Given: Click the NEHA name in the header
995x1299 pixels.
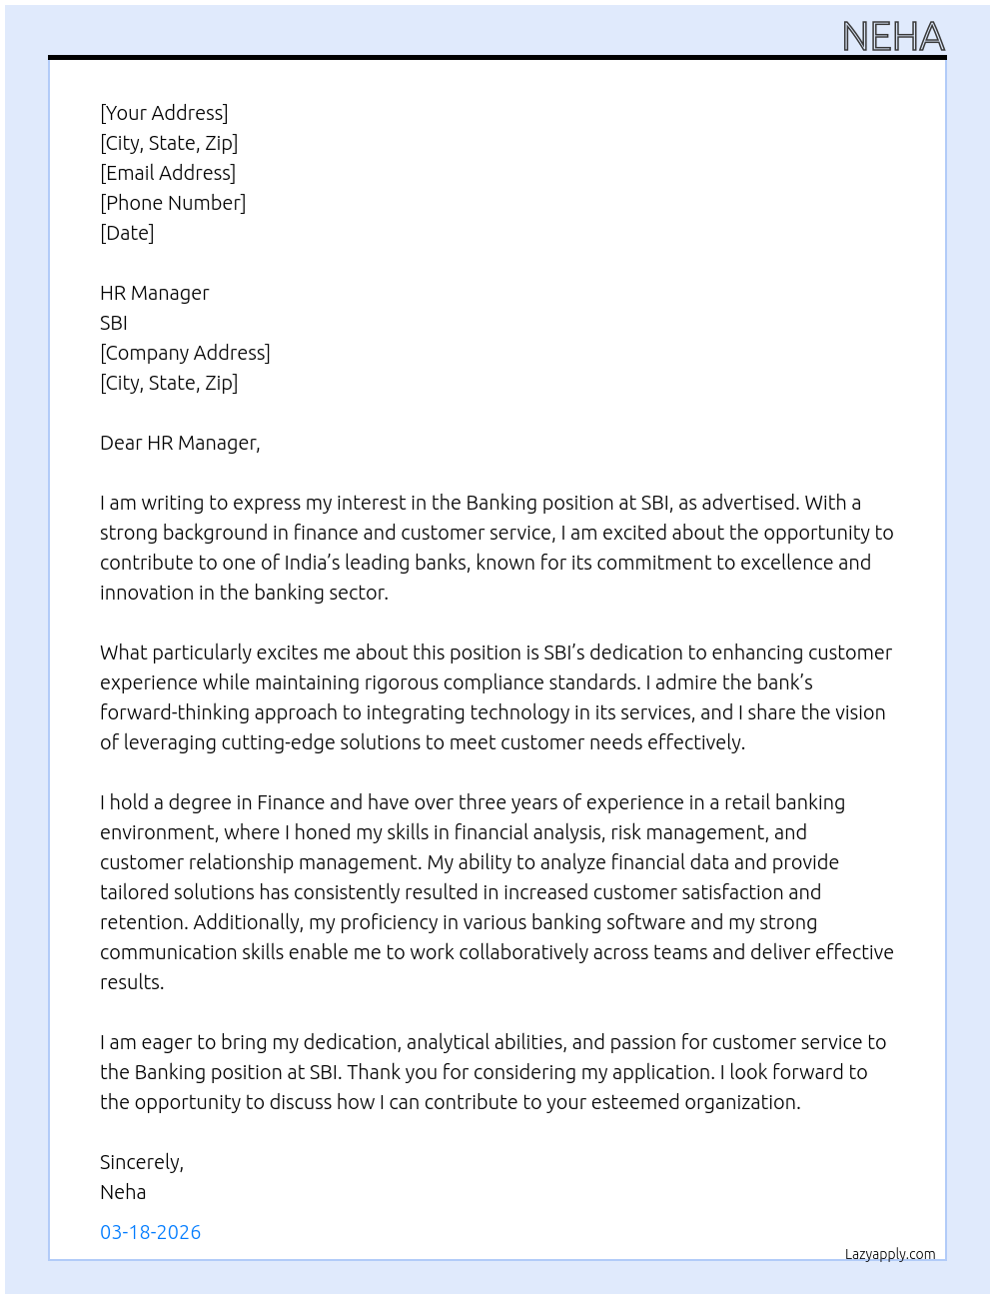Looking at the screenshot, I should (893, 37).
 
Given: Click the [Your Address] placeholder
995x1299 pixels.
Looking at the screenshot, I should (164, 113).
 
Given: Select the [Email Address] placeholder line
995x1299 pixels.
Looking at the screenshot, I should (168, 173).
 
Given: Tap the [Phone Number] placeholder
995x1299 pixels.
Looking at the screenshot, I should (173, 203).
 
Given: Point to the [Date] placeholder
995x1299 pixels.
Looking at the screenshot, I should (127, 233).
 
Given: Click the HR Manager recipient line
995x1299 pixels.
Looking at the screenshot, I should (155, 293).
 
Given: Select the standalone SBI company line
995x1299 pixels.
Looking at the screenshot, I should (114, 323).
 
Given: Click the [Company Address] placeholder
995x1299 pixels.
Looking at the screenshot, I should (185, 353).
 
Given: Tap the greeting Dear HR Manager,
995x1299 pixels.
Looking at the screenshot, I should (180, 443).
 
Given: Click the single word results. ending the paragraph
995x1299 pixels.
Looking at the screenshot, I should (132, 982).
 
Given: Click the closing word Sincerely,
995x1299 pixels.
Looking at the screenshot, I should (142, 1162).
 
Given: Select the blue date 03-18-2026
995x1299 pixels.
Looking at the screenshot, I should (151, 1232).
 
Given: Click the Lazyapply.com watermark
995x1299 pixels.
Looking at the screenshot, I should (890, 1254).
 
